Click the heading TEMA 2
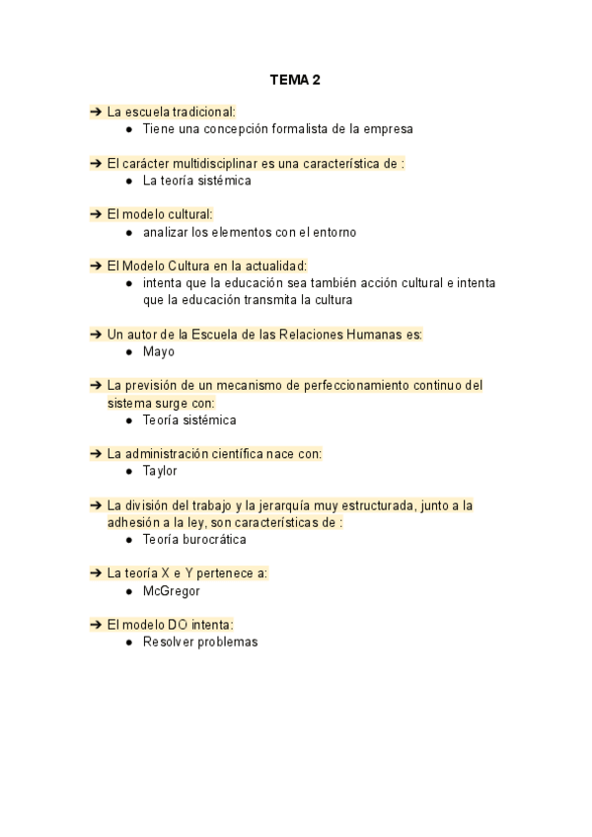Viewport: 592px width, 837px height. pos(296,80)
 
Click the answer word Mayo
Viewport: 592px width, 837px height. pos(158,351)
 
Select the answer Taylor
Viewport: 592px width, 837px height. pos(160,471)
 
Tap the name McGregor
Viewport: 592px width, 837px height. pos(172,590)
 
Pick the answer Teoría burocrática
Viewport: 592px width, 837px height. pos(194,540)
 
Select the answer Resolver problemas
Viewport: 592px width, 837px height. pos(200,642)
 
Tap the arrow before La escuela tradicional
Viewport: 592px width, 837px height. pos(96,112)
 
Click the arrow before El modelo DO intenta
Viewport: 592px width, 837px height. pos(96,624)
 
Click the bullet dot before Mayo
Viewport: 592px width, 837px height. pos(130,351)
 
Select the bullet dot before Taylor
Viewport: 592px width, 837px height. pos(130,471)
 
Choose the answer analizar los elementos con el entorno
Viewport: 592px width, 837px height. pos(249,232)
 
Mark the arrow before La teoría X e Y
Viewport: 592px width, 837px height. pos(96,573)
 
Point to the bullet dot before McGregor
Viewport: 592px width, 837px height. pos(130,590)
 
